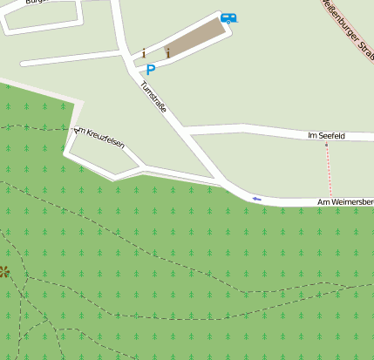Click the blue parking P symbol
click(x=150, y=70)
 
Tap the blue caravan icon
click(x=228, y=17)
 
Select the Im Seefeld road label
click(x=327, y=136)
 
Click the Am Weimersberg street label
click(x=345, y=202)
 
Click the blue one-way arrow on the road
click(x=256, y=199)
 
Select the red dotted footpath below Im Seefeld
click(x=330, y=170)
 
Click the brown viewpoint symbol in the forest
click(x=3, y=272)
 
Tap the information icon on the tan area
click(x=167, y=52)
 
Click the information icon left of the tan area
click(x=143, y=53)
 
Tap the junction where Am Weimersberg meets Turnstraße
click(x=229, y=189)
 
